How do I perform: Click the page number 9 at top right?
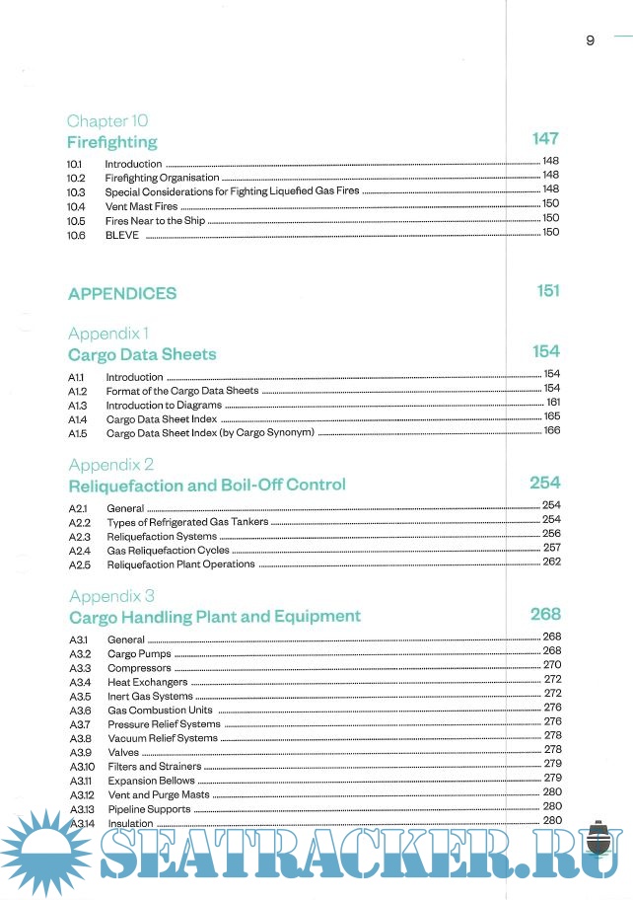click(x=590, y=40)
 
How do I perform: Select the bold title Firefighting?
click(x=111, y=142)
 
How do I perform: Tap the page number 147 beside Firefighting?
click(x=545, y=139)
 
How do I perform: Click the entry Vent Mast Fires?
click(x=141, y=207)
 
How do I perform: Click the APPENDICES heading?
click(x=122, y=293)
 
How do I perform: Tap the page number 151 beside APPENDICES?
click(x=548, y=290)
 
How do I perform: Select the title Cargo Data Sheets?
click(x=142, y=354)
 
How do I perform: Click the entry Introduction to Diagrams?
click(x=164, y=405)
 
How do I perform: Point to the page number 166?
click(x=552, y=430)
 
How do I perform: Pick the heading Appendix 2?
click(x=111, y=464)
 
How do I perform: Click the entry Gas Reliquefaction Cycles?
click(x=168, y=551)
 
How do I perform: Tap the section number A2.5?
click(x=80, y=565)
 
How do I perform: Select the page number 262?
click(x=551, y=562)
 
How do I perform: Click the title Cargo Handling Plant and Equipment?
click(x=215, y=617)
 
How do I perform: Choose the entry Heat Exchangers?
click(x=147, y=682)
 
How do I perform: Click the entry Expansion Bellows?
click(x=151, y=781)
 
